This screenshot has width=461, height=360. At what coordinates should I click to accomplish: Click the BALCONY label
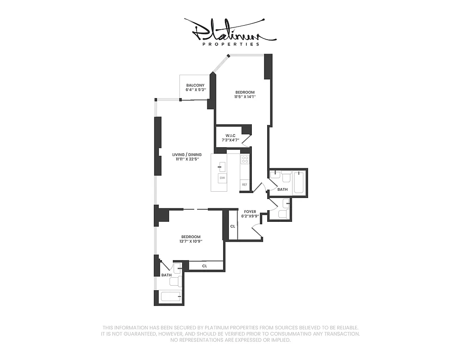point(195,85)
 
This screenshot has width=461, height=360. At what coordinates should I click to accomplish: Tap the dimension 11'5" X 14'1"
point(245,97)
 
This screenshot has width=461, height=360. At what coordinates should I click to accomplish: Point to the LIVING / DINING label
point(187,155)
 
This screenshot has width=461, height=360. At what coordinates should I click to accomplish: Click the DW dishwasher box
point(222,178)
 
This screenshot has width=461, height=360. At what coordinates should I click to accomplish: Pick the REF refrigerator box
point(245,184)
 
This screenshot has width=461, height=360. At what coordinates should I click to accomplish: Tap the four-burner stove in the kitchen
point(245,159)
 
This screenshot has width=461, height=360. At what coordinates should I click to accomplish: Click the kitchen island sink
point(222,166)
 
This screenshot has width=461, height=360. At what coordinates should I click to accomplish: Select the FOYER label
point(250,211)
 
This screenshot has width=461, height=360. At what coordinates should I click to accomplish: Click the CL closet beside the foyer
point(233,226)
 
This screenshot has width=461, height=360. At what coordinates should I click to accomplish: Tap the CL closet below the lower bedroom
point(205,266)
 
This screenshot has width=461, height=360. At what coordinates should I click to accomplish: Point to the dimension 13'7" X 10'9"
point(191,241)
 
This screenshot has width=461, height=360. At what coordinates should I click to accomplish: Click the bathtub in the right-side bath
point(298,183)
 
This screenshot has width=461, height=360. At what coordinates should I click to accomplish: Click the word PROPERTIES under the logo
point(231,44)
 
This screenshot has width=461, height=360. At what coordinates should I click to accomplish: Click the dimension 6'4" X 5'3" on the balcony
point(195,90)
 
